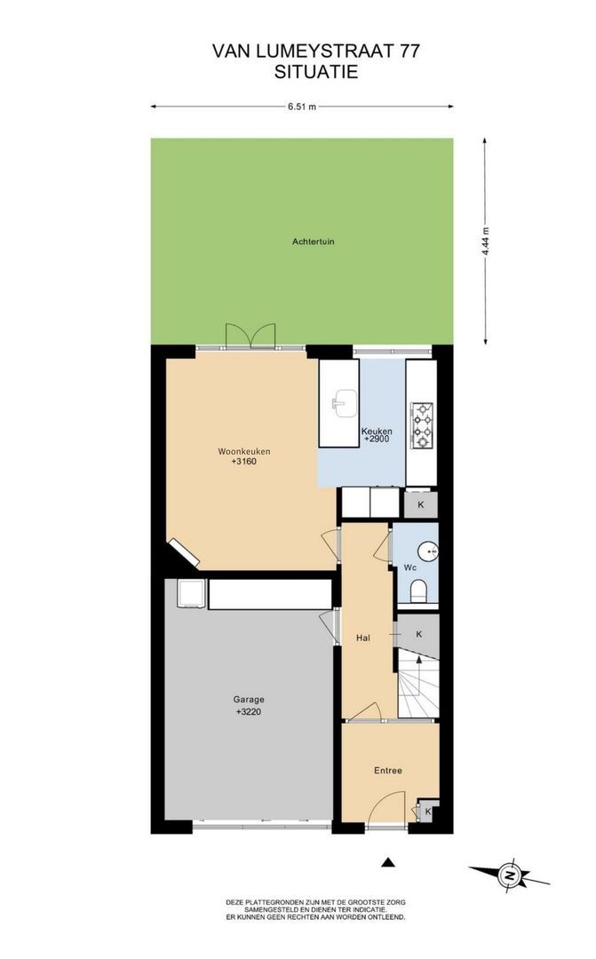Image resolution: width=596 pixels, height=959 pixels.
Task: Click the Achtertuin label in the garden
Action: (x=313, y=242)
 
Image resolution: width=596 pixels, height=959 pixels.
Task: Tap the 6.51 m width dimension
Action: (x=302, y=107)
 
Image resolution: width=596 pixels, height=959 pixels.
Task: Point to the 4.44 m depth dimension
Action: (x=485, y=241)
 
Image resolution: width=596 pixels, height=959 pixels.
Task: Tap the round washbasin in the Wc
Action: (x=429, y=551)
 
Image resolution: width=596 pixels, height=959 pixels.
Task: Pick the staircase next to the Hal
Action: (x=418, y=685)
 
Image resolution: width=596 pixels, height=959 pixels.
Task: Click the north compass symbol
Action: (x=509, y=875)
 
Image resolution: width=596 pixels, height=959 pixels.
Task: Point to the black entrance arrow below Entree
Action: (x=388, y=862)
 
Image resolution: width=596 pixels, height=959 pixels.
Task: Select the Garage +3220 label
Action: (x=249, y=705)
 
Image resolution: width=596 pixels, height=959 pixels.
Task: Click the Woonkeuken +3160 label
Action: (x=244, y=456)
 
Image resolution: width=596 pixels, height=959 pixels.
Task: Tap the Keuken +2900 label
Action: (x=377, y=435)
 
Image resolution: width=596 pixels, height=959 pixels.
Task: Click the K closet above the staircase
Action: (x=419, y=634)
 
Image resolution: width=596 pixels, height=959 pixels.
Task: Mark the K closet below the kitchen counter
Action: (x=420, y=505)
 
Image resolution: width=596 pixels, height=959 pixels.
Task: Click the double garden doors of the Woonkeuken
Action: (x=249, y=336)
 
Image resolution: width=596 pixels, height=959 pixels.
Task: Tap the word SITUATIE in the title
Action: (x=315, y=72)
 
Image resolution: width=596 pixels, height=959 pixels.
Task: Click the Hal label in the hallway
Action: (x=363, y=638)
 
